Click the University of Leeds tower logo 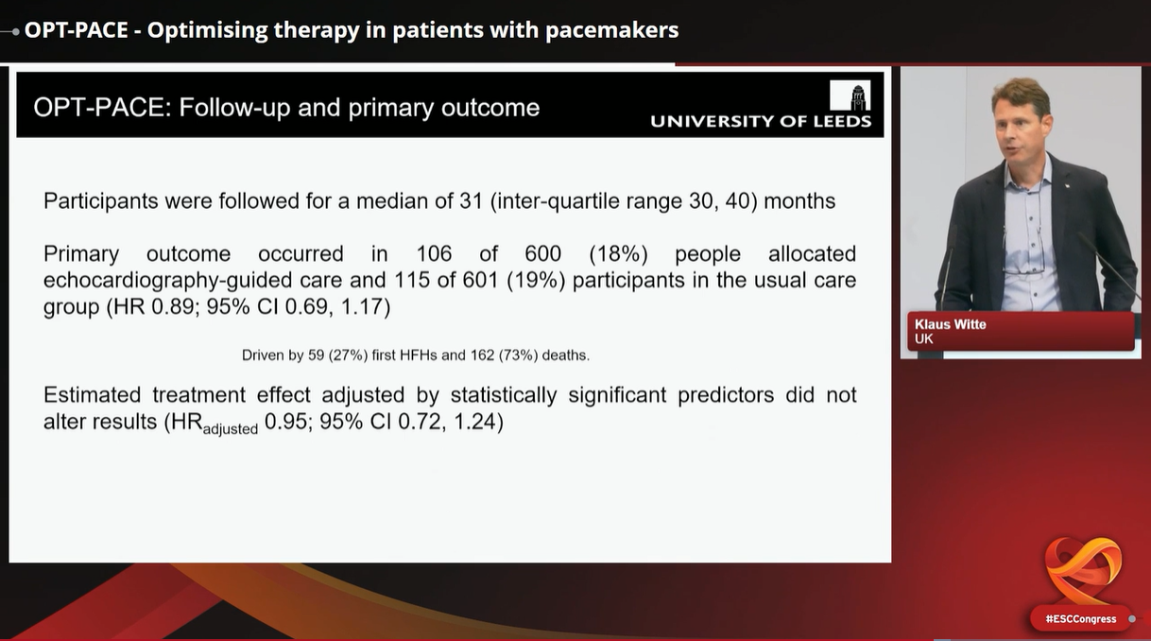850,95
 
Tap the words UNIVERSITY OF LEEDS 761,121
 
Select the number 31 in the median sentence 472,201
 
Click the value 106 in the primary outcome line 434,254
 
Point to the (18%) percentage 618,254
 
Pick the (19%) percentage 536,281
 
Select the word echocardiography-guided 193,282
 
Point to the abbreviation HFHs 418,355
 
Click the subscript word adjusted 231,429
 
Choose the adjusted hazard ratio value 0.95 285,422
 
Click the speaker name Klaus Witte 950,324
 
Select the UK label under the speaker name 923,339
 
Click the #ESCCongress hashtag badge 1081,619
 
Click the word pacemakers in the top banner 612,30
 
